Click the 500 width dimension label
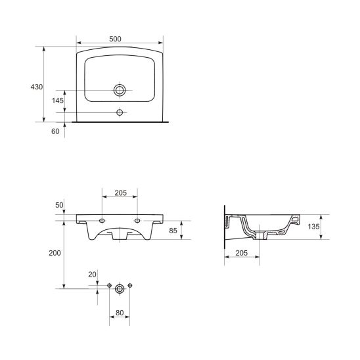pyautogui.click(x=115, y=39)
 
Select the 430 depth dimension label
pyautogui.click(x=37, y=87)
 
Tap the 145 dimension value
pyautogui.click(x=58, y=101)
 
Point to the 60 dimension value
pyautogui.click(x=55, y=131)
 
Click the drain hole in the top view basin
pyautogui.click(x=120, y=90)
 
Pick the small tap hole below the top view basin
pyautogui.click(x=120, y=112)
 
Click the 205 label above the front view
pyautogui.click(x=120, y=193)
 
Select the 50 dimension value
pyautogui.click(x=59, y=205)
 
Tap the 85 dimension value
pyautogui.click(x=173, y=231)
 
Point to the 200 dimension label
pyautogui.click(x=55, y=253)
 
